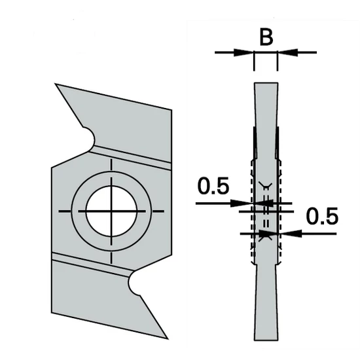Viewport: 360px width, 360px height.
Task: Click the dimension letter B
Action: pyautogui.click(x=265, y=37)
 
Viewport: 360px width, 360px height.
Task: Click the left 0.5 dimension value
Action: pyautogui.click(x=213, y=187)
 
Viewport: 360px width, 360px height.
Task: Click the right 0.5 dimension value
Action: pyautogui.click(x=322, y=216)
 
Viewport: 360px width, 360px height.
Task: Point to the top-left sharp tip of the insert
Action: pyautogui.click(x=58, y=85)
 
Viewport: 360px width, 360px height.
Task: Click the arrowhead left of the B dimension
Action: pyautogui.click(x=246, y=52)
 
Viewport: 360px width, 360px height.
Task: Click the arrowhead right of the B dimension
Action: pyautogui.click(x=285, y=52)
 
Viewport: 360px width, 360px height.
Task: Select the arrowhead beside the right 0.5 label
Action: pyautogui.click(x=287, y=232)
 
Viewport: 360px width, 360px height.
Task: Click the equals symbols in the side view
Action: pyautogui.click(x=266, y=211)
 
